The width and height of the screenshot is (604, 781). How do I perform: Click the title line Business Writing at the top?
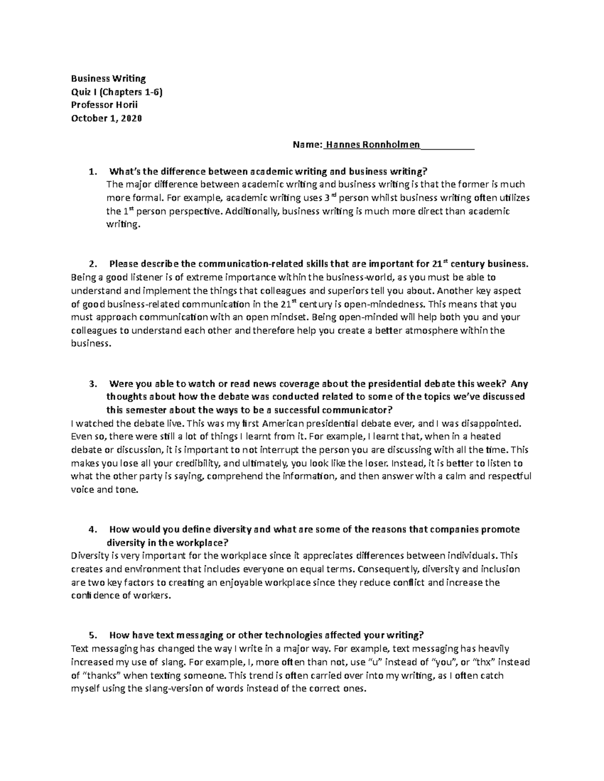108,78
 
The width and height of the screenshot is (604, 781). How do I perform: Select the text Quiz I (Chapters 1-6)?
117,92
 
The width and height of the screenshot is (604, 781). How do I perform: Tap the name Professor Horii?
104,105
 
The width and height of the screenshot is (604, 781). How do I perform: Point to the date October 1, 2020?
106,119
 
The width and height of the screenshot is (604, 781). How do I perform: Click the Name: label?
308,145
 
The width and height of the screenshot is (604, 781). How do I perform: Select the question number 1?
91,172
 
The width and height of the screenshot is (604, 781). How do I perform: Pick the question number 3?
91,384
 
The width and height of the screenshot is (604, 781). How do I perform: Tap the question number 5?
91,636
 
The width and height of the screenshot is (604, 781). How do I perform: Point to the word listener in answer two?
139,277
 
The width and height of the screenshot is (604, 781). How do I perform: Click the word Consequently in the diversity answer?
391,569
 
